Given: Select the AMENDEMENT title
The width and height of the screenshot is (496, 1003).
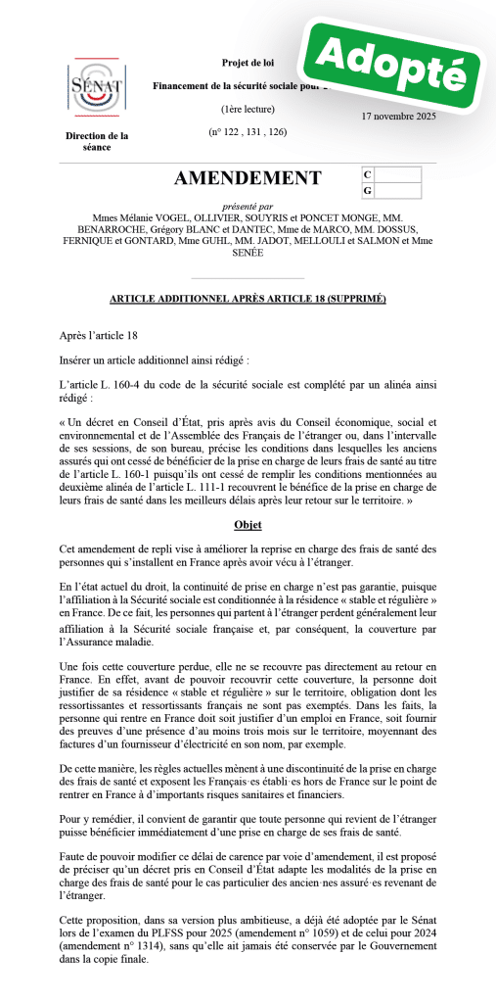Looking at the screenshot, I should (248, 177).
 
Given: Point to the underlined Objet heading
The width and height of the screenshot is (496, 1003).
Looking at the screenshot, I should (248, 525).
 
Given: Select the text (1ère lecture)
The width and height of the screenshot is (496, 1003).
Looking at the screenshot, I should (248, 109).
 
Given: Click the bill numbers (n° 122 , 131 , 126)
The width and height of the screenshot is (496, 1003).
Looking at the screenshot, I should (248, 131).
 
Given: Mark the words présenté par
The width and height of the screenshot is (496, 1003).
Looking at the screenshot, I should (248, 206).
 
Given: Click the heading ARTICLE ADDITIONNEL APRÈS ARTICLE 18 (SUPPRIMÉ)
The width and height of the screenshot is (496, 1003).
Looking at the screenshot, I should (248, 298).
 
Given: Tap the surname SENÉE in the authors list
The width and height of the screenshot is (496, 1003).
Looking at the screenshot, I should (247, 253).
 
